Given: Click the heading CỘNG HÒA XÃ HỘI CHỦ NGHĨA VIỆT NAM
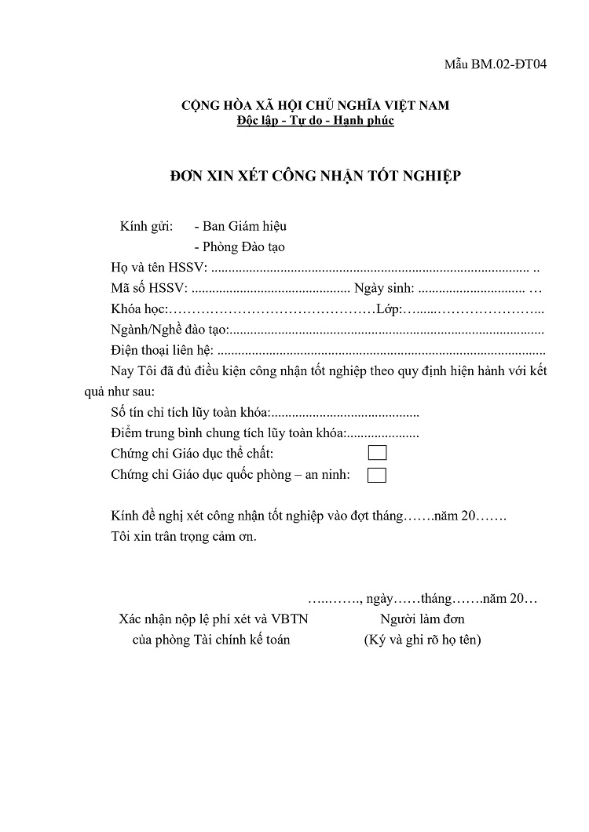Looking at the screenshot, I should [316, 105].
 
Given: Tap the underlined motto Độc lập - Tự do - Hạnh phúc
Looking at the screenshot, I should [316, 121].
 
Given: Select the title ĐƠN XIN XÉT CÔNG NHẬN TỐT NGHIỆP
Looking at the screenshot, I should [316, 176].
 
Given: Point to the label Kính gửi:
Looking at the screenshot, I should [146, 226].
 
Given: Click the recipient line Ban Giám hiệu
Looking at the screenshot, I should [240, 226].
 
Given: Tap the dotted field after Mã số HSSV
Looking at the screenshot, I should [271, 288].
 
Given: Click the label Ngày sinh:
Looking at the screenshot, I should [384, 288].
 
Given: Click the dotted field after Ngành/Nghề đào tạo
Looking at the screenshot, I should [385, 330].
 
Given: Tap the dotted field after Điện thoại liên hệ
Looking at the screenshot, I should [380, 350].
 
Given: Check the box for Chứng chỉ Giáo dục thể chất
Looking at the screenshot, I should [377, 453].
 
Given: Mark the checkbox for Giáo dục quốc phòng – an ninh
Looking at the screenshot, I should [377, 474].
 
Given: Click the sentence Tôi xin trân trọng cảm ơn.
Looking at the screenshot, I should [184, 538].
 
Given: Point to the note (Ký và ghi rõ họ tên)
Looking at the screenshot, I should [422, 640].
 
